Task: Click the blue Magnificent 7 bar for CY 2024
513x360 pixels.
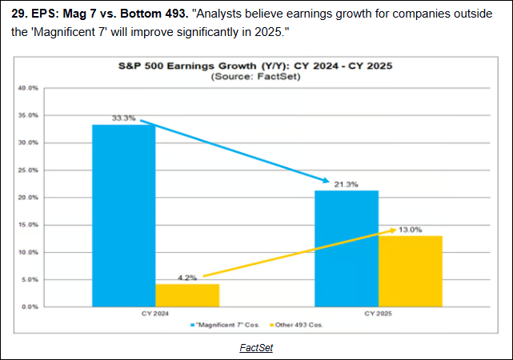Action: [124, 216]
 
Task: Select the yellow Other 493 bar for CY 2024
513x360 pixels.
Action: [186, 295]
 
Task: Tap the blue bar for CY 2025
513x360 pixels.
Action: [347, 248]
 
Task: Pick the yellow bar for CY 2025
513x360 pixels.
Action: [410, 271]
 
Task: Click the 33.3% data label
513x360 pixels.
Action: [123, 118]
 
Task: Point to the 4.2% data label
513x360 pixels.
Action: [186, 277]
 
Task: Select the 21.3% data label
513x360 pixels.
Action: [347, 184]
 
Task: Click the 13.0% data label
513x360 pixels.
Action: [410, 230]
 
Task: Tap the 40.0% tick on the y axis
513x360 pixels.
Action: [28, 88]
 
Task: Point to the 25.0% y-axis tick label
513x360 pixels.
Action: [28, 170]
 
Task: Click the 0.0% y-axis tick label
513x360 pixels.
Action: [30, 306]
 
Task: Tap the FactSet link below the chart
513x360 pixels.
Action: [256, 348]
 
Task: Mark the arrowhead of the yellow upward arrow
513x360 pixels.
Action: [391, 230]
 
